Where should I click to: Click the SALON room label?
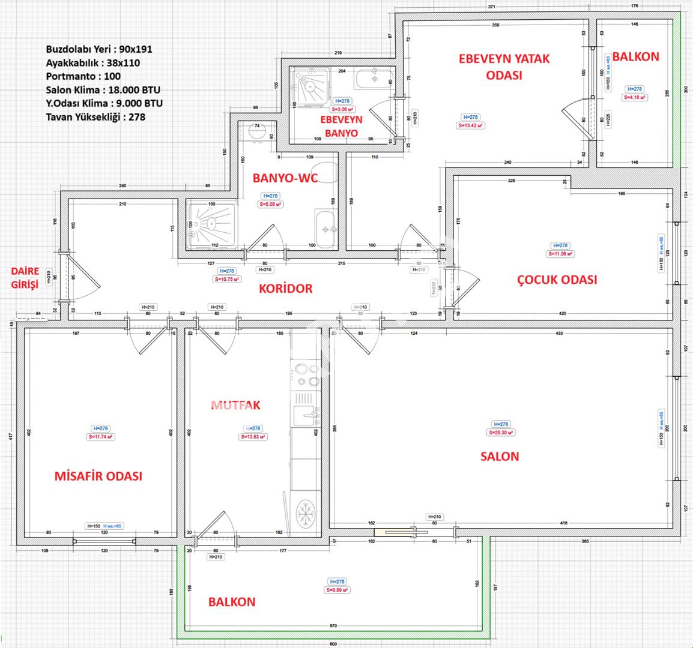(499, 456)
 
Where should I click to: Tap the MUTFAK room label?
(236, 406)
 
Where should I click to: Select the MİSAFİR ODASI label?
(98, 476)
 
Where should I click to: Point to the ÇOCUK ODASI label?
(557, 280)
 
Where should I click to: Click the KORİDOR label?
(285, 289)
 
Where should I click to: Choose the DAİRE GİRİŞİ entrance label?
(25, 278)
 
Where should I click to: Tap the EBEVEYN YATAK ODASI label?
(504, 67)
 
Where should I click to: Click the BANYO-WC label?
(285, 178)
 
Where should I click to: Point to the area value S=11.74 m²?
(100, 437)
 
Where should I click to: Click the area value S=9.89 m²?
(337, 590)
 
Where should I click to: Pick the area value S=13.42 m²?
(471, 125)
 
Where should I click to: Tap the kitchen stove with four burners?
(306, 374)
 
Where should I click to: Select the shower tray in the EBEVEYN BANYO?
(311, 85)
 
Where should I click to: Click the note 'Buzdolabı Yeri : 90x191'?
(99, 49)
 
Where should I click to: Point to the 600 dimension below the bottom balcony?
(332, 644)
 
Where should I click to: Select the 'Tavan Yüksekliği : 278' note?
(95, 117)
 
